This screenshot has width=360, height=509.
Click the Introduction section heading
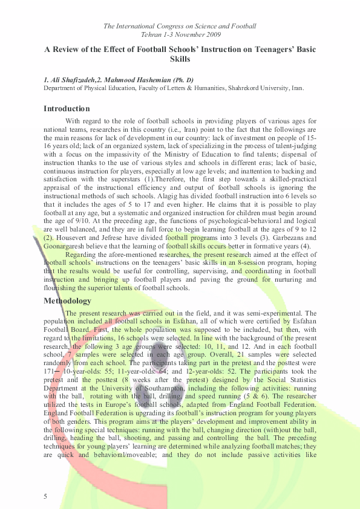(x=67, y=109)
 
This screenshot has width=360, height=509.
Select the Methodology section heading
(x=67, y=300)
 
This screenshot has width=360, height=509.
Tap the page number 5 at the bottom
(x=45, y=496)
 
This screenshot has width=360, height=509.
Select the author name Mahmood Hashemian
(x=142, y=80)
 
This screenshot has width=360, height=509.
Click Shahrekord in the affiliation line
(x=246, y=88)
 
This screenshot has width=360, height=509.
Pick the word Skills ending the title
(x=180, y=60)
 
